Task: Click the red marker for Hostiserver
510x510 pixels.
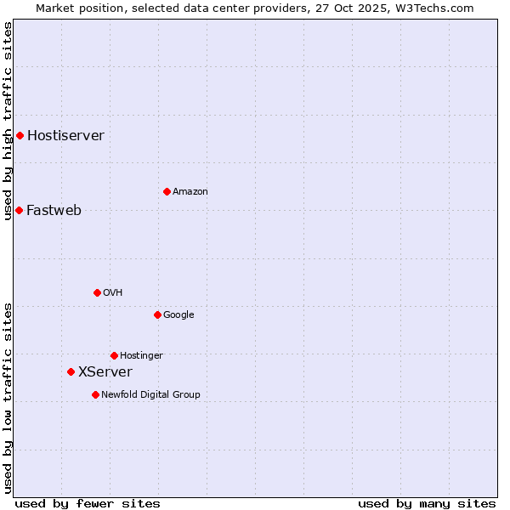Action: (20, 135)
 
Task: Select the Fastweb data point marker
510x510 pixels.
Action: (19, 210)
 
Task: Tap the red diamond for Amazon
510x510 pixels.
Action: (167, 191)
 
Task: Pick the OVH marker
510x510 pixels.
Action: (97, 292)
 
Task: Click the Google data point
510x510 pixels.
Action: (157, 314)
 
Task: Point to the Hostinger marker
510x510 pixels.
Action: (114, 355)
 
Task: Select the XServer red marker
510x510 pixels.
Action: (71, 371)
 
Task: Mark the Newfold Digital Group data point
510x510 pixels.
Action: (95, 394)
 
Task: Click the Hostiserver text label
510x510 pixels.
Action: (65, 135)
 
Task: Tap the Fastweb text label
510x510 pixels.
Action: (54, 210)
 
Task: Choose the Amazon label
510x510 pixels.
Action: (190, 191)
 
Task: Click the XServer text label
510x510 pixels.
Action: (105, 371)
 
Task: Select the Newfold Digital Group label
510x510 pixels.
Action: (150, 394)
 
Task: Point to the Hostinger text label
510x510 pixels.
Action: (141, 355)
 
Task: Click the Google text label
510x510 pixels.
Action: (178, 314)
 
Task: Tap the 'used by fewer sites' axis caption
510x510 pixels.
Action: (88, 503)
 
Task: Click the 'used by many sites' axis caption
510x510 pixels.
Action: (427, 503)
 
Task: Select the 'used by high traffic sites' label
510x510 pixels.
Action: (8, 121)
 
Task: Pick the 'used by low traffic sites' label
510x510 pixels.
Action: (8, 398)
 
